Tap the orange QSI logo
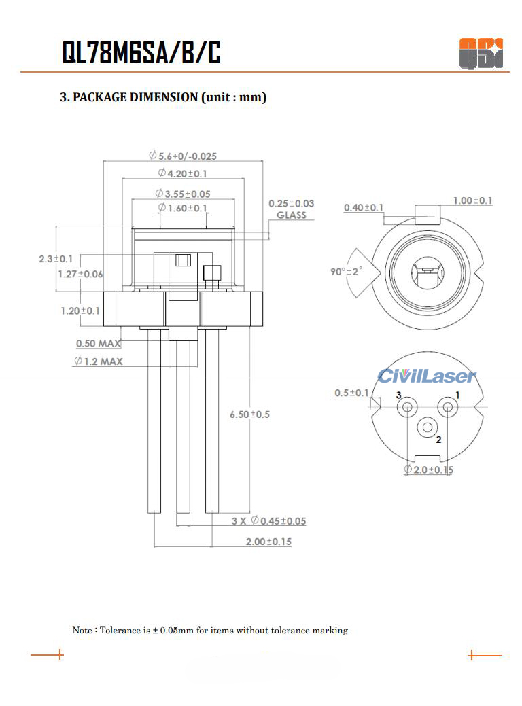pyautogui.click(x=481, y=53)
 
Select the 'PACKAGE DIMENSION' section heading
pyautogui.click(x=163, y=97)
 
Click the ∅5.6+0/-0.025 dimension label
pyautogui.click(x=183, y=156)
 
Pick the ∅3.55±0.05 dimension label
pyautogui.click(x=183, y=194)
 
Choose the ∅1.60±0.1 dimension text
pyautogui.click(x=183, y=208)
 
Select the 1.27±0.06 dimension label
pyautogui.click(x=80, y=274)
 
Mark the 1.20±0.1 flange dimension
pyautogui.click(x=80, y=311)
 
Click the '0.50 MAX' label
pyautogui.click(x=99, y=344)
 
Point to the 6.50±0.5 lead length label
pyautogui.click(x=249, y=414)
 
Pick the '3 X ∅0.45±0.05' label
pyautogui.click(x=268, y=521)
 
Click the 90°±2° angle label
pyautogui.click(x=347, y=271)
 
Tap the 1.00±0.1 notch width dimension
pyautogui.click(x=473, y=200)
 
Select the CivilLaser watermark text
pyautogui.click(x=427, y=376)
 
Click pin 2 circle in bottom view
pyautogui.click(x=428, y=427)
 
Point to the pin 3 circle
pyautogui.click(x=407, y=408)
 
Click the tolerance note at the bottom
pyautogui.click(x=210, y=631)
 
